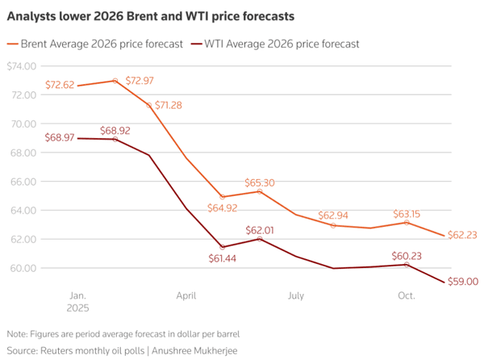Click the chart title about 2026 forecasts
tap(151, 16)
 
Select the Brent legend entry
tap(95, 44)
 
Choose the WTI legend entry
tap(275, 44)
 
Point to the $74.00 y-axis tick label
tap(22, 66)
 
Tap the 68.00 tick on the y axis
tap(23, 153)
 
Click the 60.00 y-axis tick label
tap(23, 268)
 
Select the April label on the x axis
tap(186, 295)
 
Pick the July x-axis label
tap(296, 295)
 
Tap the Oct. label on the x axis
tap(407, 295)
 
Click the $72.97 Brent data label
tap(140, 81)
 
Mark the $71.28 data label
tap(169, 105)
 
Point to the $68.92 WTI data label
tap(115, 131)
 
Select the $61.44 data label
tap(223, 258)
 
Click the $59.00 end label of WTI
tap(463, 282)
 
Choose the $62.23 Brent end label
tap(462, 235)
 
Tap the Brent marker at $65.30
tap(260, 191)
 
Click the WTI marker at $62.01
tap(260, 239)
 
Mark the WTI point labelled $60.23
tap(407, 265)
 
